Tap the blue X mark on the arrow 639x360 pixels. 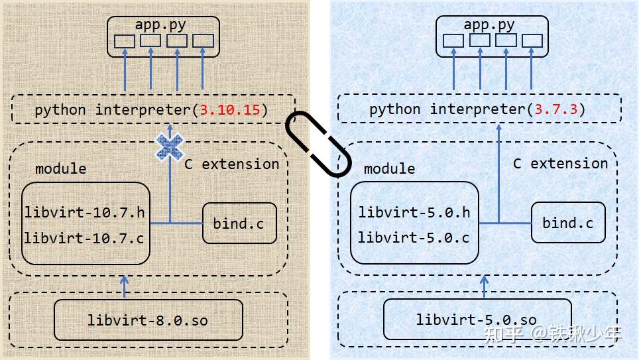170,147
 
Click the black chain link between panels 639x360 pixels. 317,143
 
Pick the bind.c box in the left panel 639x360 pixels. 239,223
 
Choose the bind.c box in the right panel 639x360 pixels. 567,223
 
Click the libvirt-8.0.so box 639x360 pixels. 148,320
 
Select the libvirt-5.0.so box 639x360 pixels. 477,320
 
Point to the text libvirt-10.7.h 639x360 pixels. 84,213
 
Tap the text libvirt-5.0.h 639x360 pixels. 414,212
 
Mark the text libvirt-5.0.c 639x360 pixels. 414,237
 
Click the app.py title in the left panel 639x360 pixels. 160,25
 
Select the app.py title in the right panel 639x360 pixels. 489,25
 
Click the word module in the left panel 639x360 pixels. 60,168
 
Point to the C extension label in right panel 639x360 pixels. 560,163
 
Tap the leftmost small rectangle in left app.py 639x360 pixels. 124,41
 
